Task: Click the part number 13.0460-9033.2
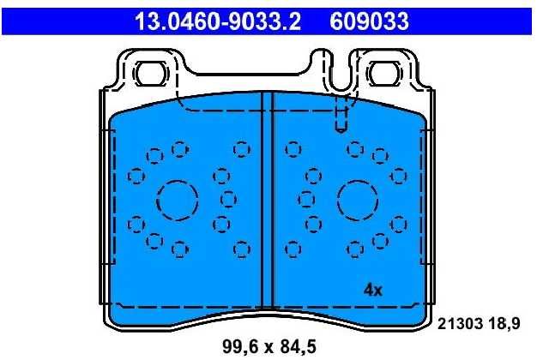pyautogui.click(x=218, y=21)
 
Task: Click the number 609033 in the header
pyautogui.click(x=369, y=21)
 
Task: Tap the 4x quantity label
pyautogui.click(x=373, y=290)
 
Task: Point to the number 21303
pyautogui.click(x=460, y=324)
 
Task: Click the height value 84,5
pyautogui.click(x=299, y=346)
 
